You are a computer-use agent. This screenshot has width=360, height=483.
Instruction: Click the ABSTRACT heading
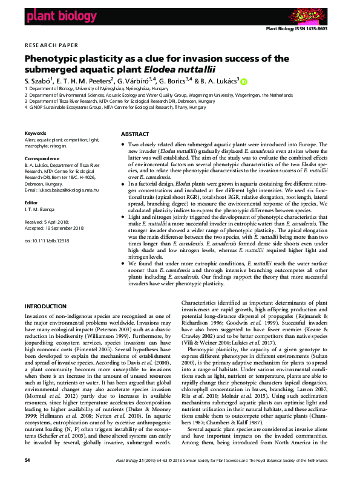[x=136, y=133]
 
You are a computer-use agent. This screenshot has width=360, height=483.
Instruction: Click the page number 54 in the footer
[x=27, y=477]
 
